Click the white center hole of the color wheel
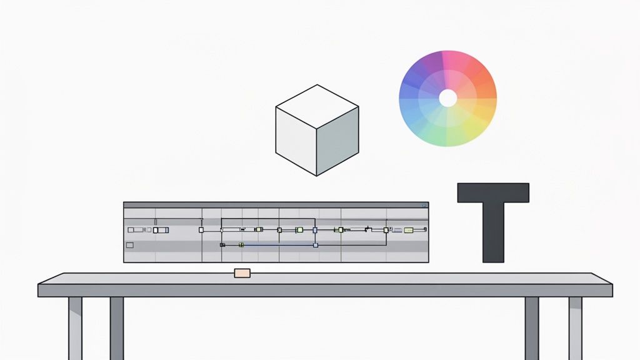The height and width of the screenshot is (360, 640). (x=447, y=97)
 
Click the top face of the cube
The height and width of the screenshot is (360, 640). (x=317, y=107)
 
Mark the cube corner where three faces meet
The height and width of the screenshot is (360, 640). (x=316, y=129)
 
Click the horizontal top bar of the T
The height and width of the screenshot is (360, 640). (x=493, y=192)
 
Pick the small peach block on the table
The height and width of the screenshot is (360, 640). (x=242, y=272)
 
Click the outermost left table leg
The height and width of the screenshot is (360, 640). (x=75, y=327)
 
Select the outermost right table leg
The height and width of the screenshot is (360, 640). (x=575, y=327)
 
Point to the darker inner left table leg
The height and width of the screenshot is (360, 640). (x=117, y=327)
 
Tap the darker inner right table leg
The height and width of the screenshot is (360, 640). (x=532, y=327)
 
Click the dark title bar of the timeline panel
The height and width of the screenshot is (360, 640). (x=275, y=204)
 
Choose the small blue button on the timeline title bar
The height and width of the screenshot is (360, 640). (x=424, y=204)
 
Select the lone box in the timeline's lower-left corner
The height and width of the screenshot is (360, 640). (x=130, y=245)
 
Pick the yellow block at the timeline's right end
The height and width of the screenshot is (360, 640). (x=409, y=230)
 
